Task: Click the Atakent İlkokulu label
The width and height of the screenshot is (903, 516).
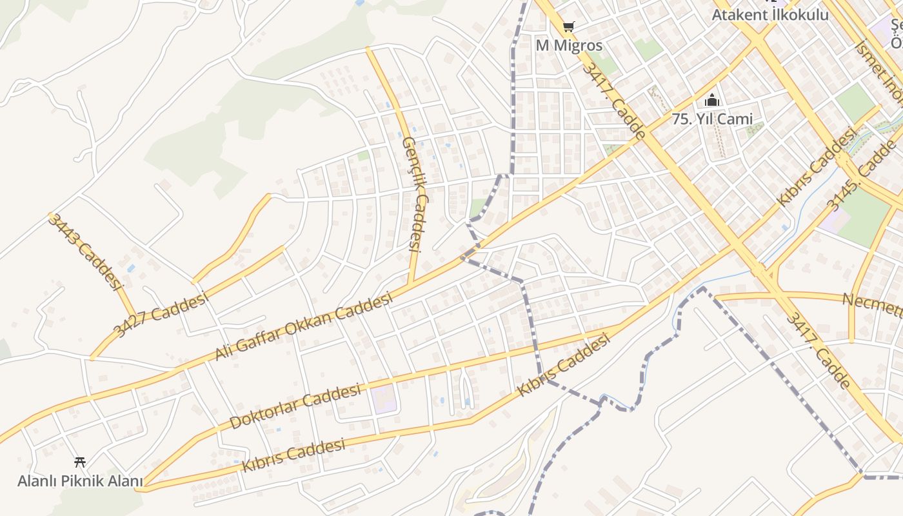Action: tap(769, 14)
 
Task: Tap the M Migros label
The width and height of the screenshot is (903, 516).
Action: tap(569, 46)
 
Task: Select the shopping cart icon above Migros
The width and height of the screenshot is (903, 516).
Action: tap(568, 26)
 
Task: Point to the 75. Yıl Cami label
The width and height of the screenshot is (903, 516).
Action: tap(712, 119)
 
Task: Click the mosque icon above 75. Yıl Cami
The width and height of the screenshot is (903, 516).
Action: tap(712, 100)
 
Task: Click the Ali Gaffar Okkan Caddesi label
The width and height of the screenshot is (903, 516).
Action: tap(303, 326)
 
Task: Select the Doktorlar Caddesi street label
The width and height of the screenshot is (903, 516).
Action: tap(295, 406)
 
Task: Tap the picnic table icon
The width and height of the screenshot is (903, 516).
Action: tap(80, 462)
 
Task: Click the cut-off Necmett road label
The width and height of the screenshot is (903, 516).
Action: tap(872, 304)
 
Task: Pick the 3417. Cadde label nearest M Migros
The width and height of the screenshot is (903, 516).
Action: tap(613, 101)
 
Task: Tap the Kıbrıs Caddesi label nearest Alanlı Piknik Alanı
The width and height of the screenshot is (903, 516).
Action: tap(293, 455)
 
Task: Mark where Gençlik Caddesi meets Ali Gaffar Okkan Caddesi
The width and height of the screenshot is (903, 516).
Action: tap(410, 284)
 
